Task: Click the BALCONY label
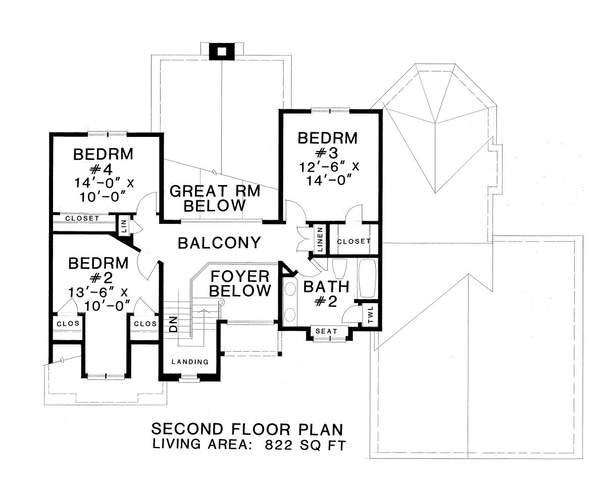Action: tap(219, 243)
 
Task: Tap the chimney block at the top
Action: tap(222, 52)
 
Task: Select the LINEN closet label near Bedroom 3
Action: tap(320, 239)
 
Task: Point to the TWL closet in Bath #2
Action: tap(370, 315)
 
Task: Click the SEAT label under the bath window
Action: tap(326, 331)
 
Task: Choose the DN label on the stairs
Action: tap(174, 324)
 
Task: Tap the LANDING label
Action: tap(190, 362)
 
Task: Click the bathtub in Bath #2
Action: tap(367, 278)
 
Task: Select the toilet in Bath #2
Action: tap(339, 268)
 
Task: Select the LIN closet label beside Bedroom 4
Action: tap(124, 226)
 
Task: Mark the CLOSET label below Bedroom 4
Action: tap(82, 218)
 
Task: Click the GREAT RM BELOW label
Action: tap(215, 198)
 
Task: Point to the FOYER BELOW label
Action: tap(240, 283)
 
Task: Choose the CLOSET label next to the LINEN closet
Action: tap(353, 241)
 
